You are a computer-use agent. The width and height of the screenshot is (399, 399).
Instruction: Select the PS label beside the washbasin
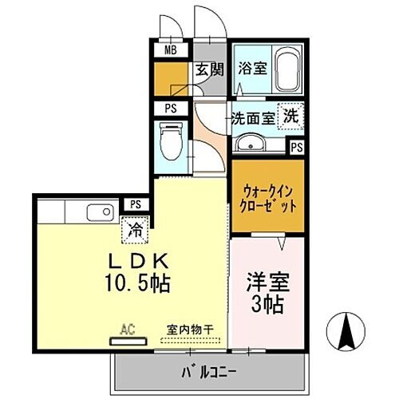coord(296,147)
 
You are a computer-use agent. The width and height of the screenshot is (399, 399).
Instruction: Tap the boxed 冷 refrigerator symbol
coord(136,231)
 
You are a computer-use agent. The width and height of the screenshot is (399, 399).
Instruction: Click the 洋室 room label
coord(267,282)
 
